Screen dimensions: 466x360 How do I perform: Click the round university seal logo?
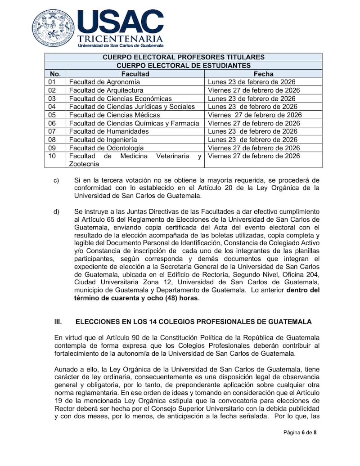click(53, 27)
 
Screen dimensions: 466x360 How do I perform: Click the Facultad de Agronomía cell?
click(104, 82)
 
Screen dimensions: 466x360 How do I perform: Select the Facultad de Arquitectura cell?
click(106, 90)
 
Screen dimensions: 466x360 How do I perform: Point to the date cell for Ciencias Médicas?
click(255, 115)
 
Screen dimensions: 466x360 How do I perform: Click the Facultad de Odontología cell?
click(107, 148)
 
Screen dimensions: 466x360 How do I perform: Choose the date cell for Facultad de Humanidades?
click(252, 131)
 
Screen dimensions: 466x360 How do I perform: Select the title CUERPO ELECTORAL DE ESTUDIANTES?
click(184, 65)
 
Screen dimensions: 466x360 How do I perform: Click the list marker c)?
click(56, 181)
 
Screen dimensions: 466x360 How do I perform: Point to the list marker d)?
click(56, 211)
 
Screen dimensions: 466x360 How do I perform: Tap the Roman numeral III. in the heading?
click(58, 322)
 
